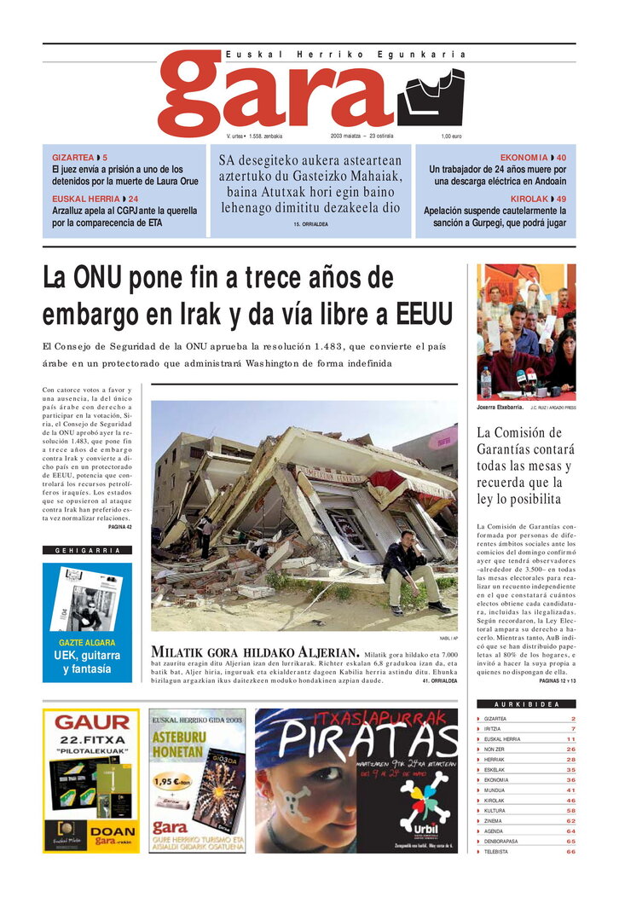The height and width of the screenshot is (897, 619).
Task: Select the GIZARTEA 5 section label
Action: click(79, 158)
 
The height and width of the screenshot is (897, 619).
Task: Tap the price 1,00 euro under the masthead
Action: click(451, 136)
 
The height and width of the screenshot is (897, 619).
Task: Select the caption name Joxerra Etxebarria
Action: click(499, 408)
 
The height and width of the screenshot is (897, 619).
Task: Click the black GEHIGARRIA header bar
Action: click(87, 551)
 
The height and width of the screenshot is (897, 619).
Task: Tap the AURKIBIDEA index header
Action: click(526, 705)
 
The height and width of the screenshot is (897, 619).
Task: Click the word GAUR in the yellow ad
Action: click(91, 722)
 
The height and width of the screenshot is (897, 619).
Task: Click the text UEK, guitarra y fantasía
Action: click(87, 663)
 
